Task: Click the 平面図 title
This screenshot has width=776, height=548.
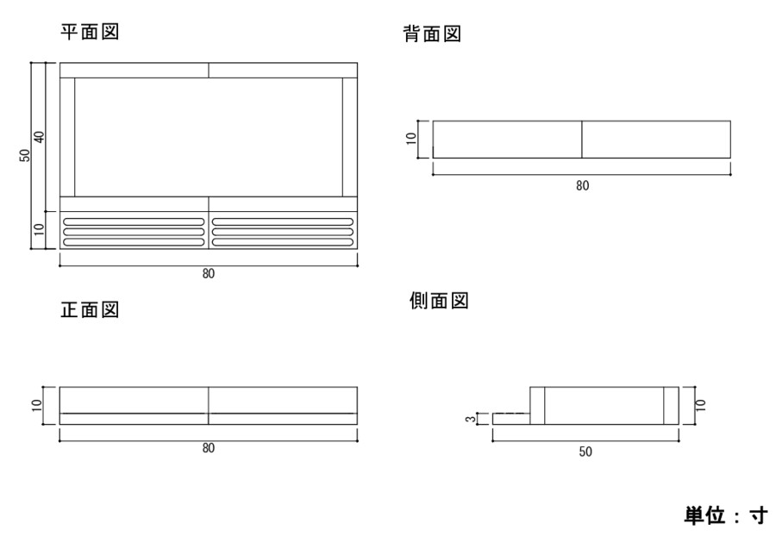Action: (89, 32)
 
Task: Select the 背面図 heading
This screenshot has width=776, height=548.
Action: (433, 34)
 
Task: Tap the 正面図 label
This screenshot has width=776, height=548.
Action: (89, 309)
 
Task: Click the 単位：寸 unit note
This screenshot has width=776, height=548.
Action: (725, 515)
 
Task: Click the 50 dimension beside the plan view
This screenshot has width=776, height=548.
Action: (26, 155)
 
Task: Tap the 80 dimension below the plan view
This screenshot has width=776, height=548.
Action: (208, 274)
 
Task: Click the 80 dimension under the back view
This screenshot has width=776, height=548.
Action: (582, 185)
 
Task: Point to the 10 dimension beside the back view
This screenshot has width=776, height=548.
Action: (412, 139)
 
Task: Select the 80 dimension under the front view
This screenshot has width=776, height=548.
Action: (208, 449)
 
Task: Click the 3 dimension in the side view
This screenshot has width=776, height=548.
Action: (471, 420)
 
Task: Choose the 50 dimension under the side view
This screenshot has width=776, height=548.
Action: (585, 451)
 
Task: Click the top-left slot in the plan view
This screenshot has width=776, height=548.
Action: (135, 222)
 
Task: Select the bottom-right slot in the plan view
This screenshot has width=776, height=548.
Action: (282, 242)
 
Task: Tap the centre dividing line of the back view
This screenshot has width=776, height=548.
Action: (582, 139)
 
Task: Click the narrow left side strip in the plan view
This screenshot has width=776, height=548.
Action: (67, 137)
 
